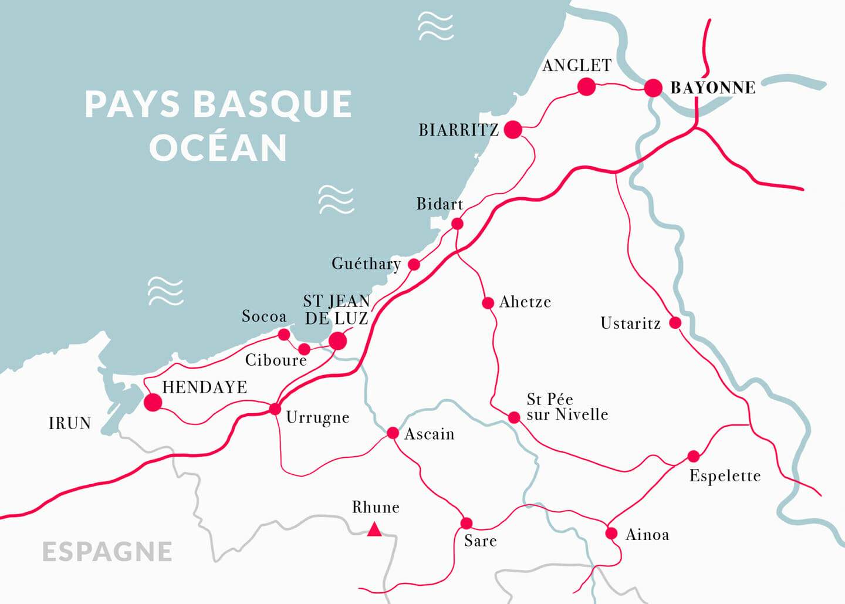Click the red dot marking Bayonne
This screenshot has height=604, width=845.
tap(653, 88)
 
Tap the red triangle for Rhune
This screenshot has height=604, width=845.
tap(374, 531)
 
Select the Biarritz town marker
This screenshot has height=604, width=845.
tap(513, 130)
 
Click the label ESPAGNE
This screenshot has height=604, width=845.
tap(107, 552)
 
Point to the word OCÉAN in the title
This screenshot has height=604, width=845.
tap(218, 148)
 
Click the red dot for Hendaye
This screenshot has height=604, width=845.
tap(153, 402)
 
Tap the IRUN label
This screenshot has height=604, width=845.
tap(70, 423)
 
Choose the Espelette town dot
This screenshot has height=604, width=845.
tap(694, 456)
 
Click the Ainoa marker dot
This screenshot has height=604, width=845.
tap(611, 534)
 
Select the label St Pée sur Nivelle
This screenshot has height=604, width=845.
tap(567, 407)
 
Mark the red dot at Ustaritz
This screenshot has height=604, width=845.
tap(675, 323)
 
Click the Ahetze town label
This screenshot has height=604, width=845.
tap(525, 302)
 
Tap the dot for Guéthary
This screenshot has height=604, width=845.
tap(414, 265)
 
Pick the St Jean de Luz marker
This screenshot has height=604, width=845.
tap(337, 341)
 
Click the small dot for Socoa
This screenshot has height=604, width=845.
tap(284, 335)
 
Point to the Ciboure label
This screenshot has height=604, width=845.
tap(276, 360)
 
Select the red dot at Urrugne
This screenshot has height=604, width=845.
tap(275, 409)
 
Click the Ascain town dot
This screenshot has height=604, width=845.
tap(393, 433)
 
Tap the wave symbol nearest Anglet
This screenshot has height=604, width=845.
tap(435, 26)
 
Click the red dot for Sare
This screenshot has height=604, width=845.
tap(467, 523)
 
